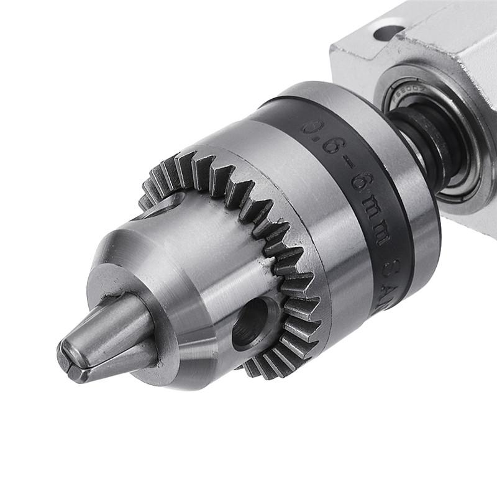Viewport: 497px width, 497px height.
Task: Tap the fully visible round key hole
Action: (251, 323)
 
